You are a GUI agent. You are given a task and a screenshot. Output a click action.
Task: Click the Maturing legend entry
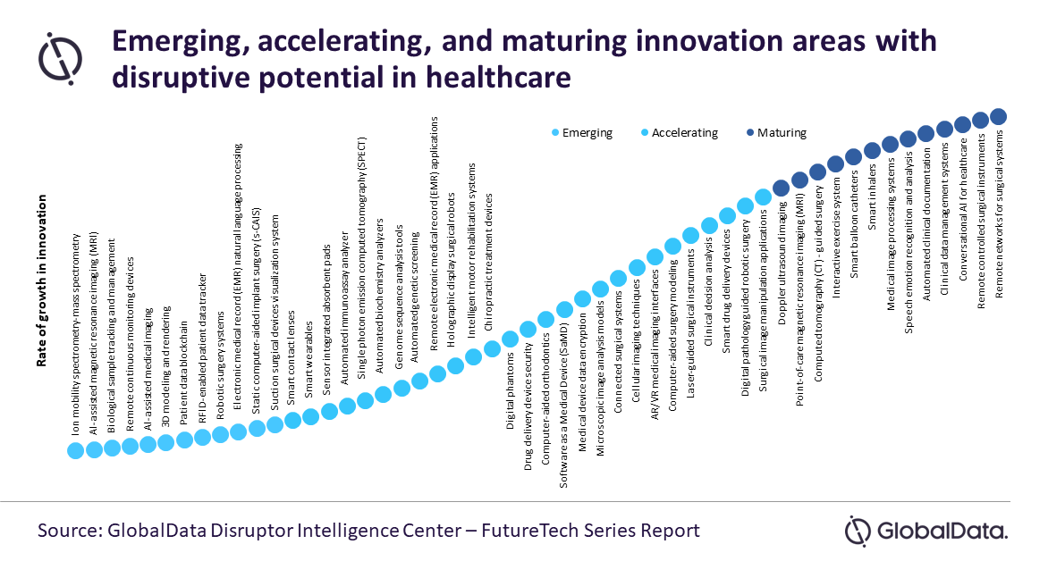click(776, 133)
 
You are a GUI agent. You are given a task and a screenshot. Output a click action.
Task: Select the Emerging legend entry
click(581, 133)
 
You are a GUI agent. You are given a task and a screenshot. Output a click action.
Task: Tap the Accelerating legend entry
click(679, 133)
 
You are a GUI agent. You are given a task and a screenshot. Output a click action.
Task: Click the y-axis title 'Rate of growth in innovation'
click(42, 280)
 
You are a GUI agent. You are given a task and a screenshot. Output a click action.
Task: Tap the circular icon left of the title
click(60, 59)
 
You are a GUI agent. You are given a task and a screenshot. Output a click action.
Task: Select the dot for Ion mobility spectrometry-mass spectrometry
click(75, 450)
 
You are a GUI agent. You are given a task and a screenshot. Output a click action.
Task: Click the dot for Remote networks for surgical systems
click(998, 117)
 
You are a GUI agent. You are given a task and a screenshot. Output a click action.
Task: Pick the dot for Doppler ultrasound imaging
click(781, 188)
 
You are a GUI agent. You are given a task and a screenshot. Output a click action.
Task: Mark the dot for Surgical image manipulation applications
click(764, 197)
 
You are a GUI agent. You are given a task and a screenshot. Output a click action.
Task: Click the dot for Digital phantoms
click(510, 339)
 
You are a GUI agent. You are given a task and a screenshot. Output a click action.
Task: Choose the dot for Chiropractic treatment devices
click(492, 348)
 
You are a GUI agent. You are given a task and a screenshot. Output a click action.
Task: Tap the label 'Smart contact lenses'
click(292, 357)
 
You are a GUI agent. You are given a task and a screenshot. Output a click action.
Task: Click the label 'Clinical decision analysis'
click(708, 293)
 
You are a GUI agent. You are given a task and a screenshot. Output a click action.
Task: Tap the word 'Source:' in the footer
click(70, 531)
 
